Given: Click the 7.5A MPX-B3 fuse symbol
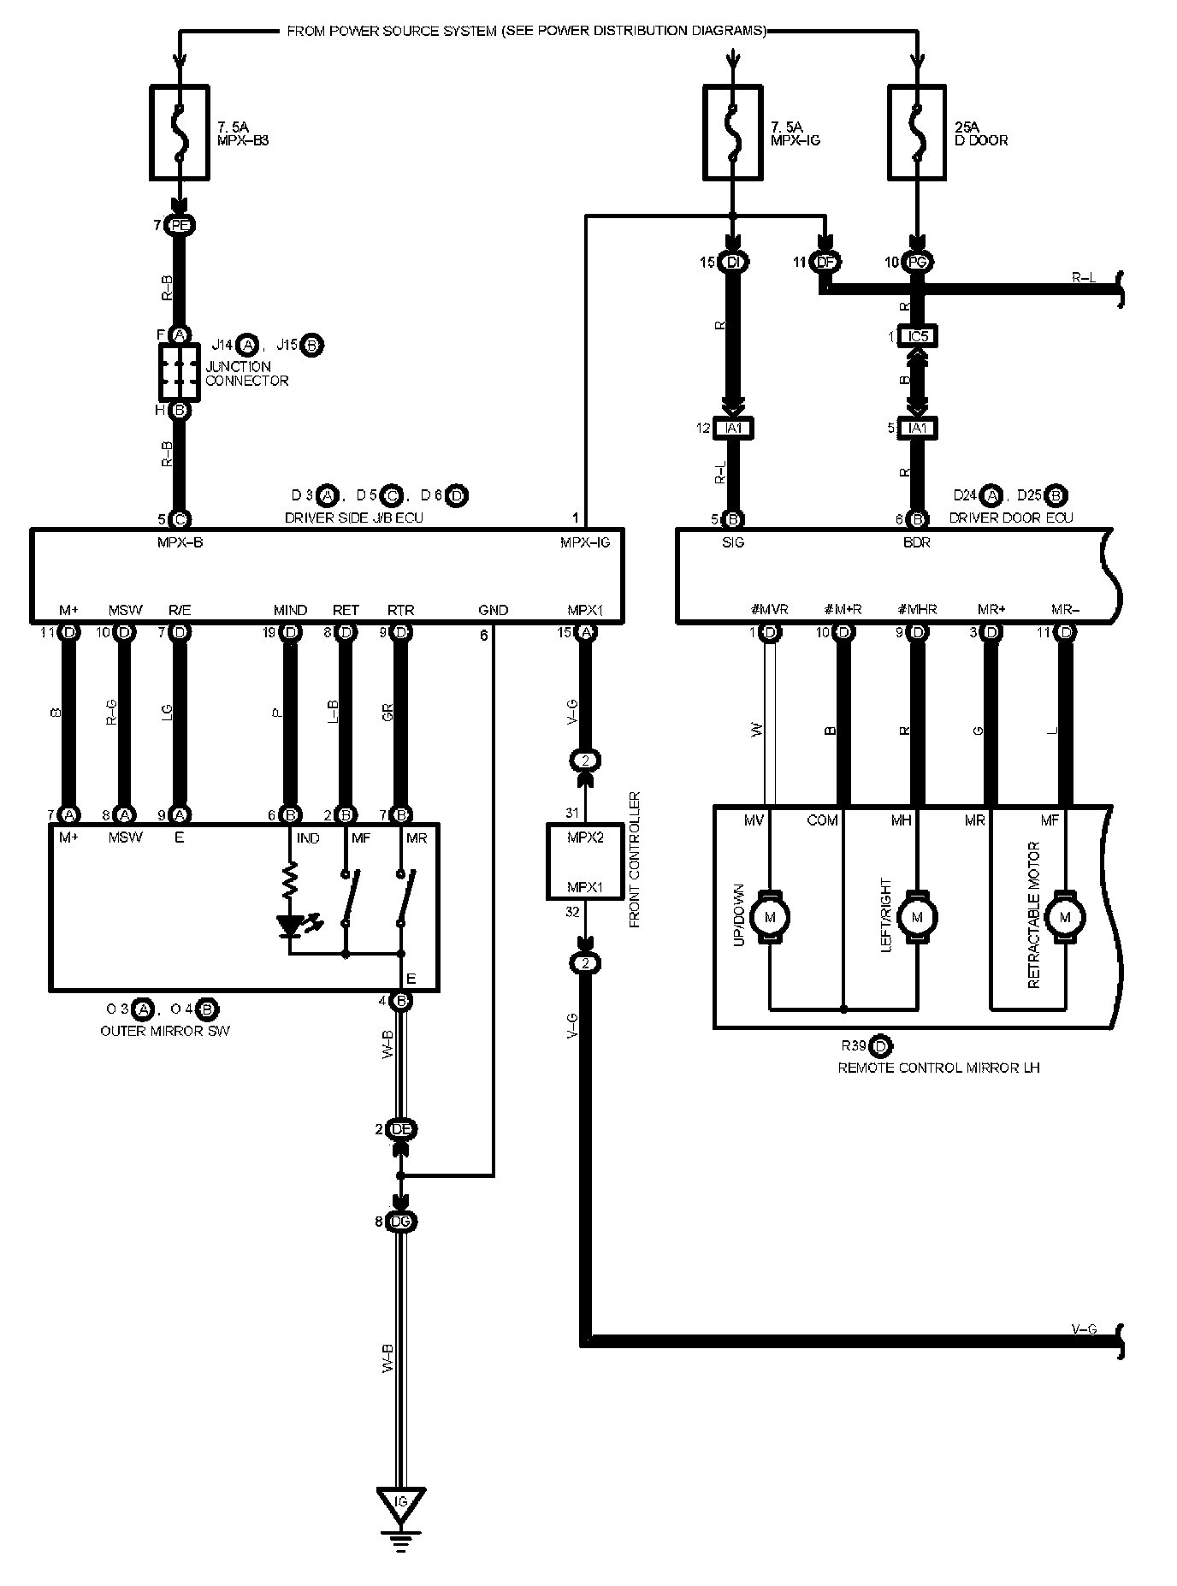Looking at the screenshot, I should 180,132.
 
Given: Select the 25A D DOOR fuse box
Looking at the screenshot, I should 917,132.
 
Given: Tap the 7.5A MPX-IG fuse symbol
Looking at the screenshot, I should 732,132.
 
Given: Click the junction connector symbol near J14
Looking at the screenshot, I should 180,372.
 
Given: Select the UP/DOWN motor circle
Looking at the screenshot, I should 770,918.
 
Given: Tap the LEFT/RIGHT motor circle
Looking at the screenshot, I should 918,918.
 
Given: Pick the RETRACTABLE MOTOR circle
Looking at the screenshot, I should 1065,918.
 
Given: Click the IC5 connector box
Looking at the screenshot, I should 917,337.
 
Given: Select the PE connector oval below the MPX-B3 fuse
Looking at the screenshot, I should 180,226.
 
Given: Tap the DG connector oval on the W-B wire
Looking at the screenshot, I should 400,1222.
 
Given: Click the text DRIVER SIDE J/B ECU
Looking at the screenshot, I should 353,518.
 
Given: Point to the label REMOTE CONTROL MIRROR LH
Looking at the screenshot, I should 938,1068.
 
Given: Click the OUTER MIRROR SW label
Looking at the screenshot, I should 165,1031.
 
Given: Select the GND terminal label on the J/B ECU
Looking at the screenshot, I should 493,610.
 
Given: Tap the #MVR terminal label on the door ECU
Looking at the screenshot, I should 770,610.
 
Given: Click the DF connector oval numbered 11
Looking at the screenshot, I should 825,263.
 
